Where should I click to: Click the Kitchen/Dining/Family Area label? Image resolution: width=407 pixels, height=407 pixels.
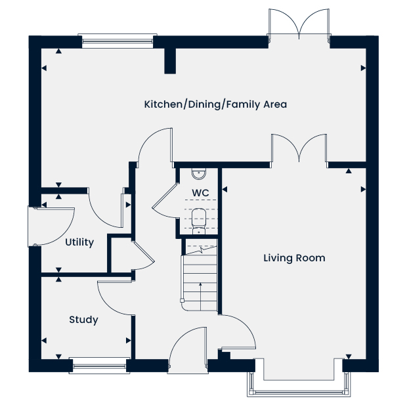point(215,104)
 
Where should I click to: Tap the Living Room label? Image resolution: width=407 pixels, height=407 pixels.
point(294,258)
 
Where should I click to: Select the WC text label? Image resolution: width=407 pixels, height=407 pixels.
point(200,193)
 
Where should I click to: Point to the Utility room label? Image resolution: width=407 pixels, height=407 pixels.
point(79,242)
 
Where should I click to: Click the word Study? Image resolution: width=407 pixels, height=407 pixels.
point(83,320)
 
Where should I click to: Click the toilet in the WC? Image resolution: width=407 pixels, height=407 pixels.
point(199,221)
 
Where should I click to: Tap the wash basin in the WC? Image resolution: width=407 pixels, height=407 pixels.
point(199,173)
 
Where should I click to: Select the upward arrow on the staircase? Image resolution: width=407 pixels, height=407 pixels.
point(200,297)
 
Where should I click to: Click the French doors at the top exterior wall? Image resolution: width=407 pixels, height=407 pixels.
point(299,24)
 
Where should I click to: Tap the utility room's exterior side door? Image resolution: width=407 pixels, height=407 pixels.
point(52,226)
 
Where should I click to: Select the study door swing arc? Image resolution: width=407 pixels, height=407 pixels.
point(115,299)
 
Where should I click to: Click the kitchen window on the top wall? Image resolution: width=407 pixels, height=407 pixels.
point(118,41)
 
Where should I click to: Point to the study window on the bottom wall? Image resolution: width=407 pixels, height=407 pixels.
point(99,366)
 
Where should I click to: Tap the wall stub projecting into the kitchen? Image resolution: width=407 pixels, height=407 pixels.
point(170,61)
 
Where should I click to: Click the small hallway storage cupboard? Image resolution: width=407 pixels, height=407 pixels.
point(120,255)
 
